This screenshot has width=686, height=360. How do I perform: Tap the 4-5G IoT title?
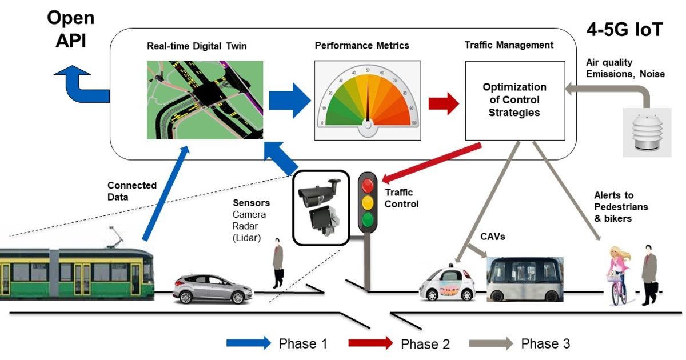[624, 30]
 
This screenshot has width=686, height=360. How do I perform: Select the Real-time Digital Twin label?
[197, 46]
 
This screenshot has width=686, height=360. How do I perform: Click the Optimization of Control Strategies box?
[514, 100]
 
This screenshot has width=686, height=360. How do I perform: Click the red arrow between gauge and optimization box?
[444, 103]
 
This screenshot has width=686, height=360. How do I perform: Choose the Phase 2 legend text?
[425, 344]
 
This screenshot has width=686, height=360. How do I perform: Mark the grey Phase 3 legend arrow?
[490, 343]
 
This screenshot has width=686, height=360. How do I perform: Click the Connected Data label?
[132, 190]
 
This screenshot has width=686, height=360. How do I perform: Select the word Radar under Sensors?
[245, 226]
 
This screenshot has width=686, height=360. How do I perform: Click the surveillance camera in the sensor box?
[318, 191]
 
